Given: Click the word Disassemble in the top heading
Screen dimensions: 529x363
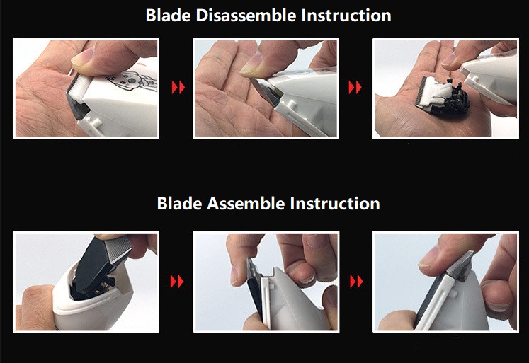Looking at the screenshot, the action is click(246, 16).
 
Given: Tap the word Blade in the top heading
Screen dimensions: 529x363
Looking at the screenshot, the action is click(168, 16).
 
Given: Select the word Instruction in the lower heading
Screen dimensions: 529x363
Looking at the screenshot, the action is click(335, 204).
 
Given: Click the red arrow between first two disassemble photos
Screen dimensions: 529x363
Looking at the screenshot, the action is click(178, 87).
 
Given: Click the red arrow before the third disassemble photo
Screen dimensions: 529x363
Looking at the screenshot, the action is click(355, 87).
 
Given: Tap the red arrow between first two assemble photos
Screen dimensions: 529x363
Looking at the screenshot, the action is click(177, 282).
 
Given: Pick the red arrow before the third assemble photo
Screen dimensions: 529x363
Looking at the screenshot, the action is click(356, 282).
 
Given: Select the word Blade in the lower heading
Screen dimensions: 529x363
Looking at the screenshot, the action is click(179, 204).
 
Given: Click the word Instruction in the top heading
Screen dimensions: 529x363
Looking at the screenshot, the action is click(346, 16).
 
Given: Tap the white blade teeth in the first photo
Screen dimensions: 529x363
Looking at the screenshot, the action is click(79, 84).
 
